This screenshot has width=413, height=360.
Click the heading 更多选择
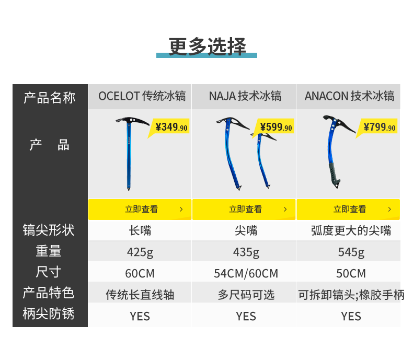tap(207, 46)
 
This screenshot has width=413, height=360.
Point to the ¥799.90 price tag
tap(380, 127)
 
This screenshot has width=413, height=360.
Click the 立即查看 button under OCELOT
tap(140, 210)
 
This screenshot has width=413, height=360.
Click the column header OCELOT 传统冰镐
tap(142, 96)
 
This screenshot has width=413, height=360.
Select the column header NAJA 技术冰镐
tap(245, 96)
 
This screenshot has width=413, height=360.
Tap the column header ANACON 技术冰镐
tap(349, 96)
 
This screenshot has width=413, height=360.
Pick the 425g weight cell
tap(140, 252)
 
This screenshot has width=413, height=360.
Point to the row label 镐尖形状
tap(49, 230)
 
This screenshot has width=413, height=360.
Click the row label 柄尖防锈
tap(49, 314)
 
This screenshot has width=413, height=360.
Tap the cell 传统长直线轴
tap(140, 295)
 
